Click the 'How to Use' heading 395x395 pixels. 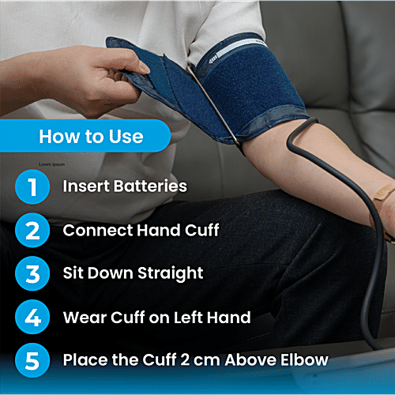click(91, 137)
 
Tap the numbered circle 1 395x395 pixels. click(32, 187)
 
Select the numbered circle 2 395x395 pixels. click(32, 231)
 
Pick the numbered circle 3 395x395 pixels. click(32, 274)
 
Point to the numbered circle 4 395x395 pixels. click(32, 318)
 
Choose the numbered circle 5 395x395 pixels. click(32, 361)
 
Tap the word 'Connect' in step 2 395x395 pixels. click(93, 231)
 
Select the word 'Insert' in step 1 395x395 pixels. click(85, 187)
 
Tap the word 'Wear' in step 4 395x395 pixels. click(82, 318)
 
